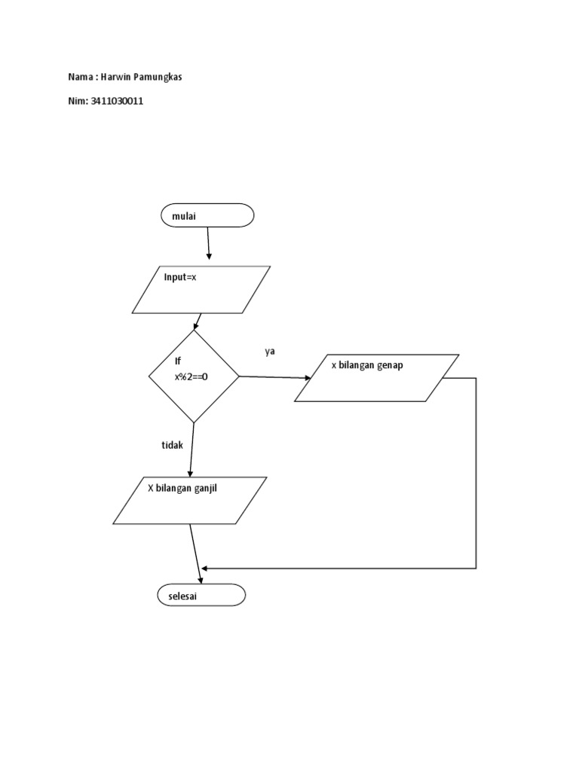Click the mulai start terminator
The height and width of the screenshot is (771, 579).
pos(207,215)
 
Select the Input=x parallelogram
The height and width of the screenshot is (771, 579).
pos(201,288)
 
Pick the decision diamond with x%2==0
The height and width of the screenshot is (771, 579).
pos(194,376)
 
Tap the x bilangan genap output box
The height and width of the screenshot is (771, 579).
pos(376,378)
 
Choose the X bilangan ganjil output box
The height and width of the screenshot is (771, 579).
pos(190,500)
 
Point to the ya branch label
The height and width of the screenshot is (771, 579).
pos(269,352)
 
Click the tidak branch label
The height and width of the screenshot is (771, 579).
pos(172,445)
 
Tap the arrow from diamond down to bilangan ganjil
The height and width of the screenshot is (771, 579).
pos(191,449)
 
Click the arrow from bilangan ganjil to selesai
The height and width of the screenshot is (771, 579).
pos(195,552)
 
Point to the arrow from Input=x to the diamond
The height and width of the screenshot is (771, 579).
pos(197,321)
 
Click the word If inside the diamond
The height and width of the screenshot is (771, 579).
pos(179,362)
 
